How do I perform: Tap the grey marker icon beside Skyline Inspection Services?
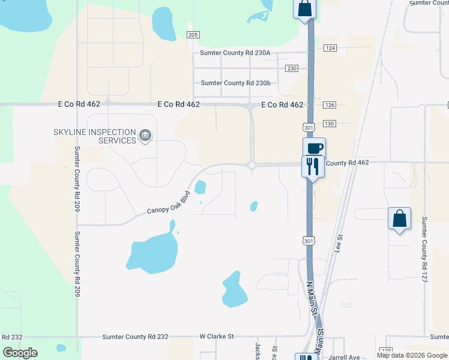pos(145,136)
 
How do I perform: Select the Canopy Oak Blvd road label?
pos(169,203)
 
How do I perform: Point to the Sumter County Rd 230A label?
pos(235,53)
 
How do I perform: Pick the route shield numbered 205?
pos(193,35)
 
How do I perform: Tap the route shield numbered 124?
pos(330,47)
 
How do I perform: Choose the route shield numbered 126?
pos(329,105)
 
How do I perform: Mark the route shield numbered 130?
pos(329,124)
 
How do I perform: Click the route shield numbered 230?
pos(292,68)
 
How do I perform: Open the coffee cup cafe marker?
pos(314,148)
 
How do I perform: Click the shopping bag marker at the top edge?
pos(304,8)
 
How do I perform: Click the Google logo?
pos(20,353)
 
